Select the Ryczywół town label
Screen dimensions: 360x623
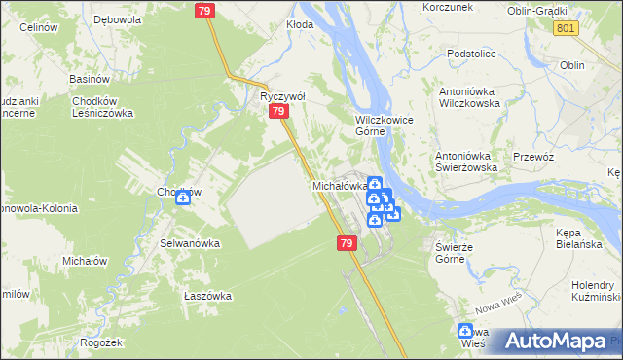coord(282,97)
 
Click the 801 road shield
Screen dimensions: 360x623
coord(566,29)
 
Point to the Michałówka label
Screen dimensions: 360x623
coord(339,185)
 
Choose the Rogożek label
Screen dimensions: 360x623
coord(102,342)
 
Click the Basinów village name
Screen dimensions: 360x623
coord(89,79)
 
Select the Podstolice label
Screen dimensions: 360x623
coord(472,54)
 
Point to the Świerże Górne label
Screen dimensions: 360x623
coord(454,253)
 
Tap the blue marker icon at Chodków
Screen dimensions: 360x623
coord(182,198)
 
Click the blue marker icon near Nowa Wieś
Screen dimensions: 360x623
coord(465,332)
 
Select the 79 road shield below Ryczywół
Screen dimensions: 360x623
coord(279,113)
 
